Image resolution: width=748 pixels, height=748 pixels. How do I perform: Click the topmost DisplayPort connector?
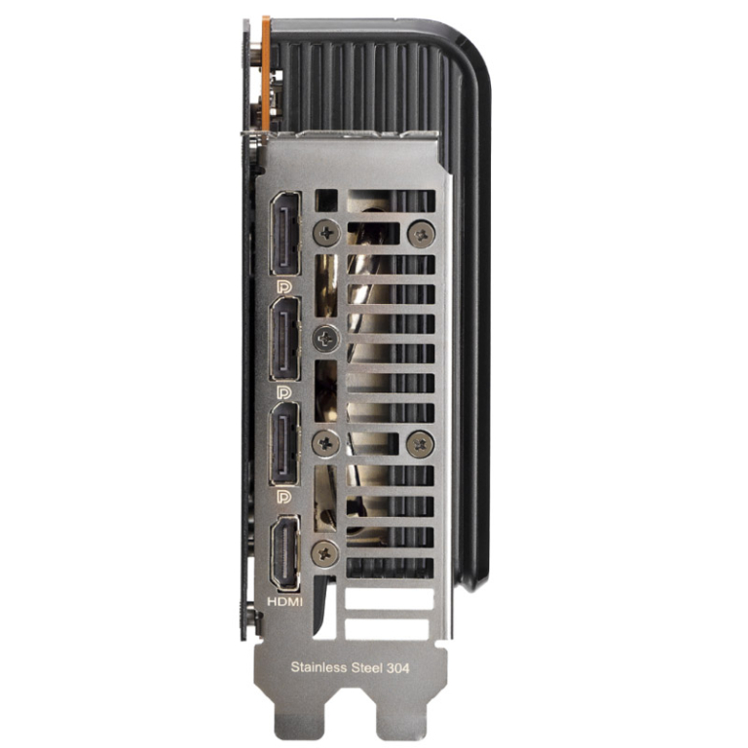(285, 234)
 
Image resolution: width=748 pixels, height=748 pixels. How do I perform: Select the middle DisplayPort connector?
(285, 338)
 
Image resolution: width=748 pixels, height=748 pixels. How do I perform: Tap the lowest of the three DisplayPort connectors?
(285, 444)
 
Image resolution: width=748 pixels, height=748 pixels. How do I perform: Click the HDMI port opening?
(285, 553)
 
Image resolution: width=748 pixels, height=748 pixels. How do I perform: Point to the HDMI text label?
(284, 602)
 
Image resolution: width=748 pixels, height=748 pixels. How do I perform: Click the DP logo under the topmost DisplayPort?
(284, 286)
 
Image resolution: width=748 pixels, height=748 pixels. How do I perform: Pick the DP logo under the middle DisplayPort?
(284, 393)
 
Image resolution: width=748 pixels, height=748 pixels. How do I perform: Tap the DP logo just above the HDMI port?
(284, 497)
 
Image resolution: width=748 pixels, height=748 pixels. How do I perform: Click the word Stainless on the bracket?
(318, 667)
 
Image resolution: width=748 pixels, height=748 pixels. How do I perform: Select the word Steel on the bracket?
(366, 667)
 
